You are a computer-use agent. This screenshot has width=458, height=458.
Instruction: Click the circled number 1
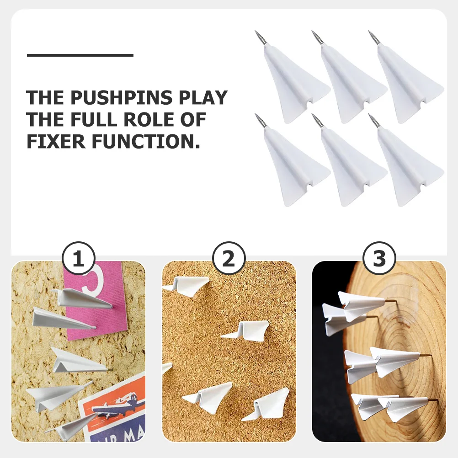tap(78, 259)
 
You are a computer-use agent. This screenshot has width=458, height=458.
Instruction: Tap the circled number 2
tap(228, 259)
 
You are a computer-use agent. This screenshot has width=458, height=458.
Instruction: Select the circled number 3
tap(379, 259)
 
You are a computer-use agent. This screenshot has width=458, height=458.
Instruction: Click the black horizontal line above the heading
tap(80, 55)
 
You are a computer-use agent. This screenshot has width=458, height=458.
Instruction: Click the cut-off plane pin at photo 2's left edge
tap(167, 367)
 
